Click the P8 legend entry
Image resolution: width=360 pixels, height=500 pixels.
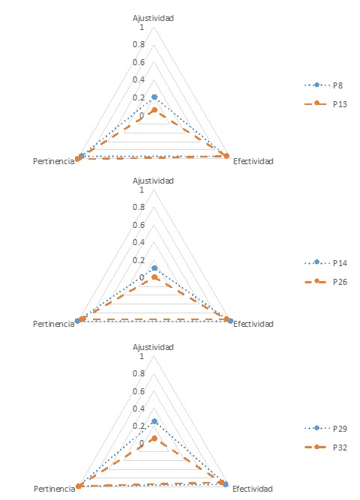click(x=323, y=85)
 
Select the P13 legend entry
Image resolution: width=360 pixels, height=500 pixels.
click(x=325, y=104)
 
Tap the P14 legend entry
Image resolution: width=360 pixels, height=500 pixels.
click(x=325, y=263)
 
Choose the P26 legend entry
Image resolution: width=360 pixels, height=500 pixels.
click(x=325, y=282)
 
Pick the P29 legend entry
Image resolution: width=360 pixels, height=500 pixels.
click(x=325, y=428)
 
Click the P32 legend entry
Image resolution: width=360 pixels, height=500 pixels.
click(x=325, y=447)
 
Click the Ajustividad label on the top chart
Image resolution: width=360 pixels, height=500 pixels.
click(x=153, y=18)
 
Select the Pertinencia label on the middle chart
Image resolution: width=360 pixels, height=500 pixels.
click(x=53, y=324)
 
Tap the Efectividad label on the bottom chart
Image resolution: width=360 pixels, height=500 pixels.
click(x=253, y=489)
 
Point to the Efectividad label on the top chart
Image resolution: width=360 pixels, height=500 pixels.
click(x=253, y=161)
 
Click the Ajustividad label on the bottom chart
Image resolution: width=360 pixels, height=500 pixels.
click(x=153, y=347)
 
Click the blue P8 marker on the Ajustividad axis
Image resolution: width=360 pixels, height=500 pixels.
click(x=154, y=97)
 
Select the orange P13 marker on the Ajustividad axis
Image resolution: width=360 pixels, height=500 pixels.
click(x=154, y=110)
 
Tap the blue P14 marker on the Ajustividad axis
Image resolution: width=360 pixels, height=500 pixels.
click(x=154, y=268)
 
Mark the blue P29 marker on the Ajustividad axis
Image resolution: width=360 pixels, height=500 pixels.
click(x=154, y=421)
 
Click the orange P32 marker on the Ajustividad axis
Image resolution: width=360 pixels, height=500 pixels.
click(x=154, y=439)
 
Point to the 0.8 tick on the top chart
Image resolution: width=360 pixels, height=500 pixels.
click(x=139, y=44)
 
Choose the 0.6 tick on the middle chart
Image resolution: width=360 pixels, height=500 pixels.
click(x=139, y=224)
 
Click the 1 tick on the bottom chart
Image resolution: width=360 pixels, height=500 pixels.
click(x=142, y=356)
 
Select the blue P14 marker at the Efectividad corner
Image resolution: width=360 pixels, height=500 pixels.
click(x=230, y=321)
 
